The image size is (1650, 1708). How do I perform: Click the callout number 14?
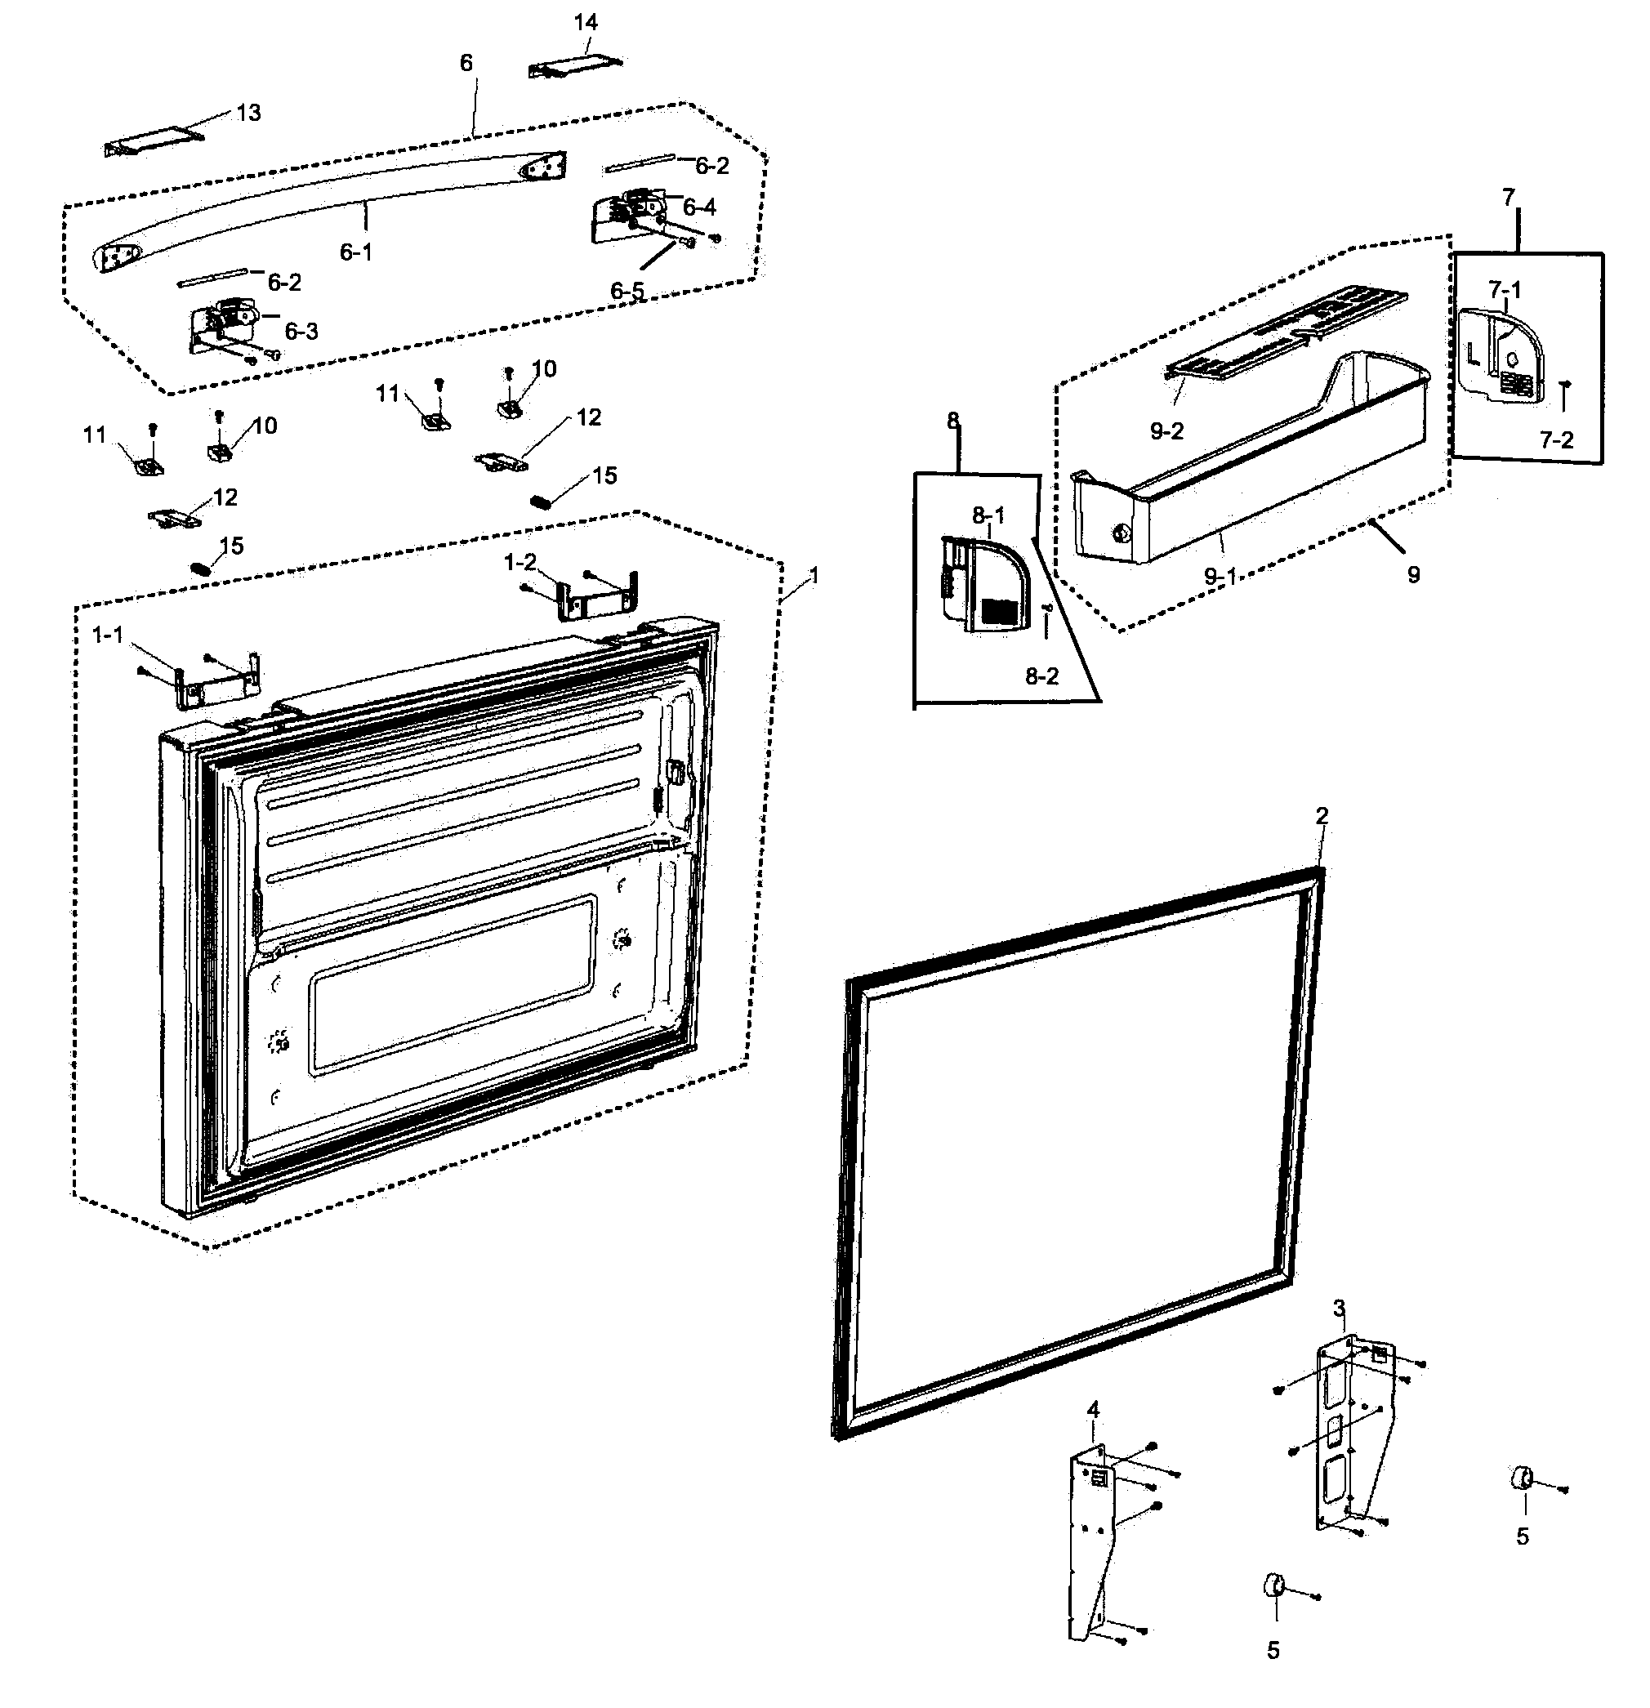point(585,23)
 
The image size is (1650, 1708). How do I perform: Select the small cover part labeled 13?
point(152,142)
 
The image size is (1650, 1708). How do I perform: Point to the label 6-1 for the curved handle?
point(355,252)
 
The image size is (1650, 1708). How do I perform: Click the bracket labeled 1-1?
point(218,679)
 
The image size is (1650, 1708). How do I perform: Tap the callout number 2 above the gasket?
point(1322,816)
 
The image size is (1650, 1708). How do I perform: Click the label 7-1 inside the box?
point(1505,289)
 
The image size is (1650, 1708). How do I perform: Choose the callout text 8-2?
point(1041,676)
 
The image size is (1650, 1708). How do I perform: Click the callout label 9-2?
point(1166,430)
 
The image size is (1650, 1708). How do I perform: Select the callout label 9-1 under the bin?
point(1220,575)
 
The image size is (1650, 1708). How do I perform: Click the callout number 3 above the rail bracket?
point(1339,1308)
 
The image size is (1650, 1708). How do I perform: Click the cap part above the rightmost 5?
point(1521,1478)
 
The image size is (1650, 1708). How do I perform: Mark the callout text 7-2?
point(1557,440)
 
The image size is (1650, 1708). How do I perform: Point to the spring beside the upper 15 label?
point(542,501)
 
